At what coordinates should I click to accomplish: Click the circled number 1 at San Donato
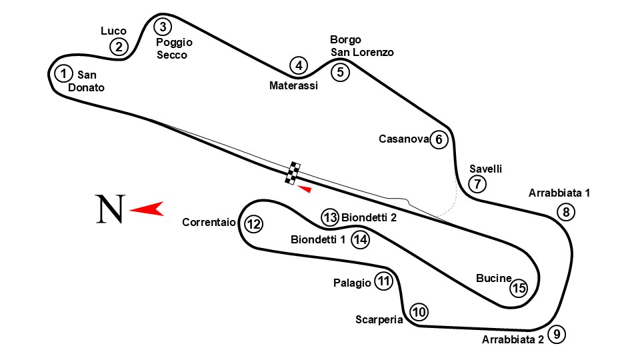(x=63, y=73)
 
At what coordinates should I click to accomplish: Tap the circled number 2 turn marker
(x=119, y=46)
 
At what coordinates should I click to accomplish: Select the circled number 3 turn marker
(x=163, y=27)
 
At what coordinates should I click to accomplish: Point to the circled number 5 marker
(x=340, y=71)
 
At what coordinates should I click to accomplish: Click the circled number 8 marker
(x=565, y=213)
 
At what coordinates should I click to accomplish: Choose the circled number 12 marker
(x=253, y=224)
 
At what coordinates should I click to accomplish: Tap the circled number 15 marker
(x=518, y=288)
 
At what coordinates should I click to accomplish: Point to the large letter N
(x=109, y=209)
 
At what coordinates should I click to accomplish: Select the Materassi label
(x=293, y=85)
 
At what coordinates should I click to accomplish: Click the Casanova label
(x=403, y=139)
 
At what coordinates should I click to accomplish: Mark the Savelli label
(x=485, y=168)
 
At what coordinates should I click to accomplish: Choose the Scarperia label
(x=379, y=319)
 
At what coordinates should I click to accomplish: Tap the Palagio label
(x=352, y=283)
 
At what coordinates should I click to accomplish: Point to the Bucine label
(x=493, y=278)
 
